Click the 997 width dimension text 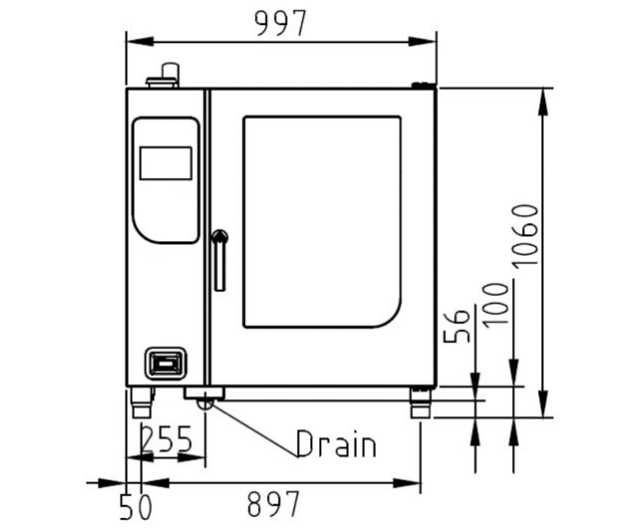click(x=281, y=23)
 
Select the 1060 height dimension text click(x=525, y=235)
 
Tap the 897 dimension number click(x=274, y=503)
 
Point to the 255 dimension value click(x=166, y=438)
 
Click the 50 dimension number click(x=135, y=507)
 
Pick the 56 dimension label click(x=456, y=325)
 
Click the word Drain click(x=336, y=444)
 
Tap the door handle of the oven click(x=220, y=260)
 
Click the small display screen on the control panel click(x=166, y=163)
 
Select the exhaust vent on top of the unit click(x=164, y=75)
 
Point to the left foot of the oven click(x=142, y=402)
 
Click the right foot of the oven click(x=421, y=402)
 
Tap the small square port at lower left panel click(x=165, y=363)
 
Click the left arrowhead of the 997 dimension click(x=139, y=42)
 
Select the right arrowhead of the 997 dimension click(x=423, y=42)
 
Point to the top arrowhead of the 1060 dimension click(x=543, y=101)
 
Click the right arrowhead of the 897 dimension click(x=407, y=483)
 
